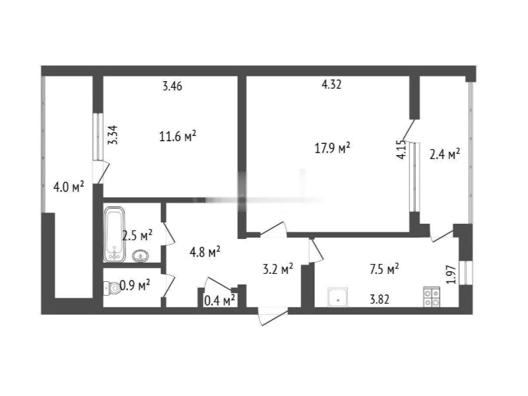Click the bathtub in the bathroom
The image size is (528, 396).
pyautogui.click(x=115, y=234)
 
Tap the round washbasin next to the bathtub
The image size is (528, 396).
pyautogui.click(x=141, y=256)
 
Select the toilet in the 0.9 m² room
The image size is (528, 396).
pyautogui.click(x=112, y=288)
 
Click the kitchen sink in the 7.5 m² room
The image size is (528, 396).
pyautogui.click(x=338, y=298)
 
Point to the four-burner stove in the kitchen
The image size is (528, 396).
pyautogui.click(x=432, y=296)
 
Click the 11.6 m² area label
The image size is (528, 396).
pyautogui.click(x=178, y=137)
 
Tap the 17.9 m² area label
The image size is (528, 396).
pyautogui.click(x=333, y=148)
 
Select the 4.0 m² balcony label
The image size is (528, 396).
pyautogui.click(x=69, y=187)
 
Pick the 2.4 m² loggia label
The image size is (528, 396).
pyautogui.click(x=445, y=154)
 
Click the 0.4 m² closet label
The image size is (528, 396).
pyautogui.click(x=220, y=300)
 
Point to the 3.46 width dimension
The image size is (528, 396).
pyautogui.click(x=172, y=86)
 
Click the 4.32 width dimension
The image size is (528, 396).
pyautogui.click(x=332, y=84)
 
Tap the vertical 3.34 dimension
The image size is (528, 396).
pyautogui.click(x=113, y=135)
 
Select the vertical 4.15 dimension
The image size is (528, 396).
pyautogui.click(x=401, y=150)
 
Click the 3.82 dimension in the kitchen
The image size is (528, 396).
pyautogui.click(x=379, y=299)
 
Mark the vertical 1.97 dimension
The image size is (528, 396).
pyautogui.click(x=451, y=275)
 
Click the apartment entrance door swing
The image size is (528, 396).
pyautogui.click(x=273, y=317)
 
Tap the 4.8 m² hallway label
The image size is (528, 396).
pyautogui.click(x=205, y=251)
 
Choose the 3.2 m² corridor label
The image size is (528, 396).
pyautogui.click(x=278, y=269)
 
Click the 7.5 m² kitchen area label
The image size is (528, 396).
pyautogui.click(x=384, y=269)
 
